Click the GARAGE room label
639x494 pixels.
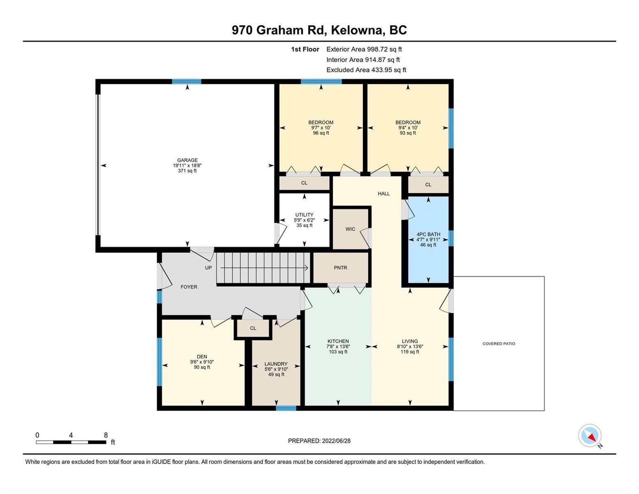pos(187,160)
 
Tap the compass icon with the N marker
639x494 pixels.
pos(590,436)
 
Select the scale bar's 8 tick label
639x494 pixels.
pos(106,435)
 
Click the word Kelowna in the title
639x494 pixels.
pos(358,30)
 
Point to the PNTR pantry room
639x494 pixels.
pos(341,268)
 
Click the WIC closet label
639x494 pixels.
pos(350,229)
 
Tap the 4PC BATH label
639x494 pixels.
pos(428,234)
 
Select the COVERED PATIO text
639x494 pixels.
pos(499,343)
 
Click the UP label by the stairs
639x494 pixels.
pos(208,268)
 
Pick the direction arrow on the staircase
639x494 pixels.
pos(264,268)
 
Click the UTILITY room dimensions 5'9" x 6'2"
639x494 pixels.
pos(304,220)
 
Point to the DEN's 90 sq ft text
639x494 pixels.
pos(202,367)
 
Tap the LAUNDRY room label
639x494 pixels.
pos(276,364)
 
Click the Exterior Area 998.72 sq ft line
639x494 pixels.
pos(364,49)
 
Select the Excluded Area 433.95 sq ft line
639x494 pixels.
pos(366,70)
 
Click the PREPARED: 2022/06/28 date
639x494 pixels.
pos(319,441)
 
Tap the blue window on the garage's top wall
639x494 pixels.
pos(186,82)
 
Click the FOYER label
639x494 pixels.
pos(189,287)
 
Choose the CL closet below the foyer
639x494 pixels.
pos(253,328)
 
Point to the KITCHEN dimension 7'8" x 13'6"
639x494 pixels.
pos(339,347)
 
